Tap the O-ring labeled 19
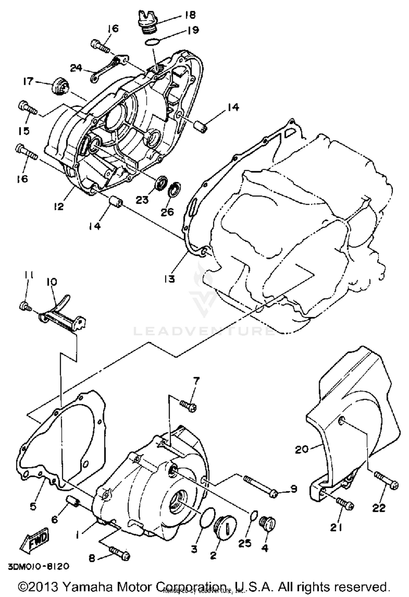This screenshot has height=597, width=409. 152,42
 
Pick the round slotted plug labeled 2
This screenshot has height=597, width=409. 225,523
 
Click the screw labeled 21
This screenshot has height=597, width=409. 345,504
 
